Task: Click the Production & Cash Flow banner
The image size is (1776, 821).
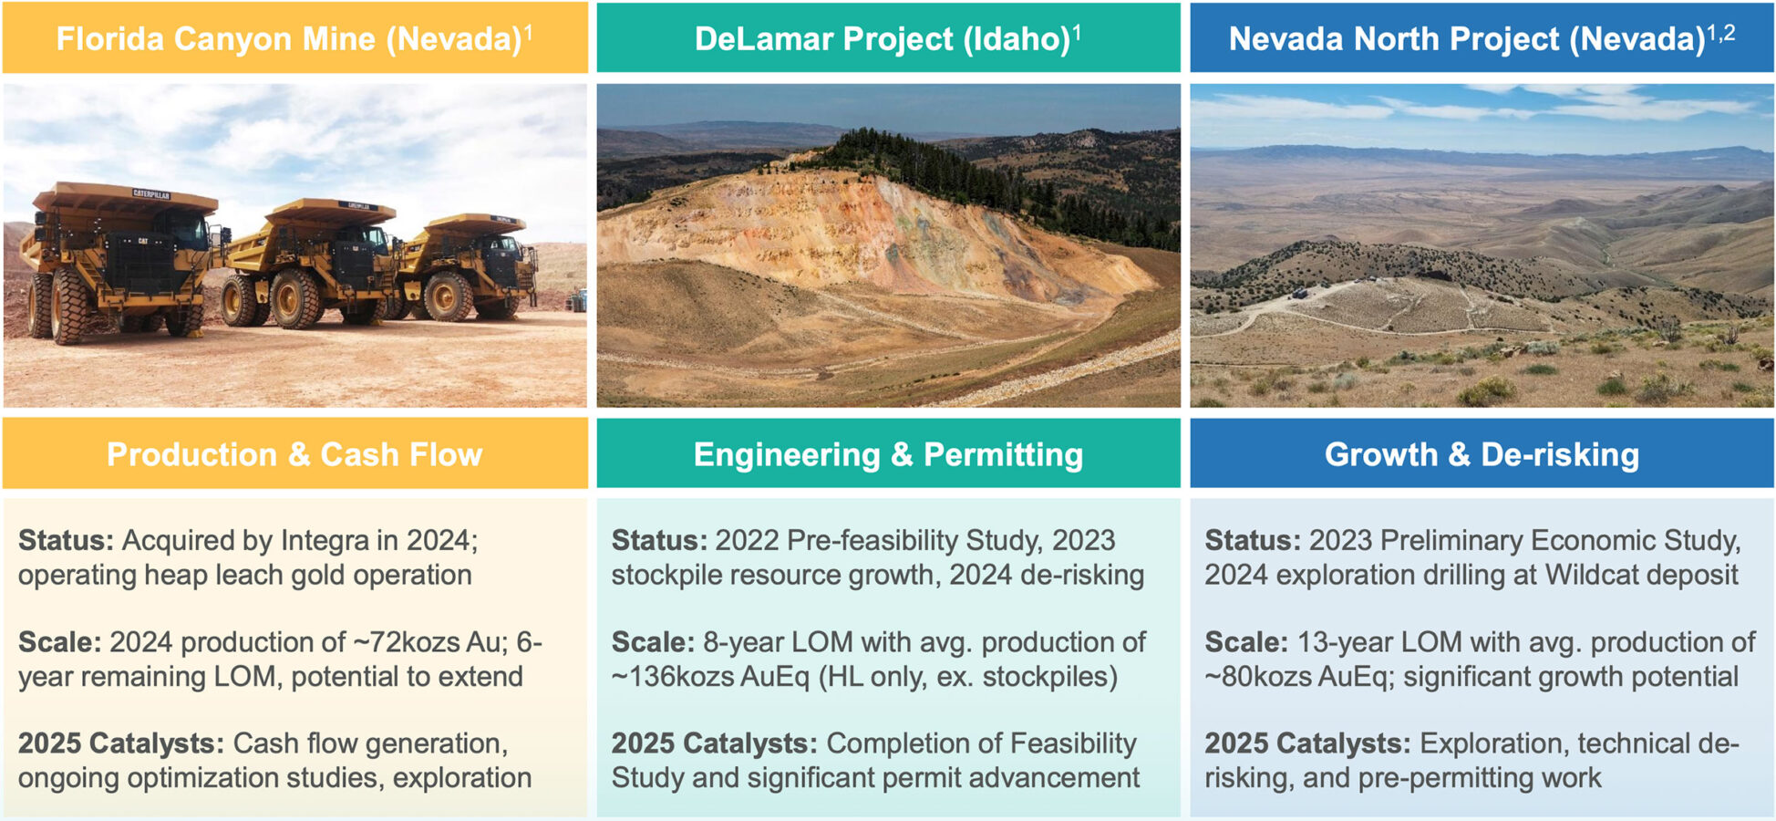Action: click(294, 454)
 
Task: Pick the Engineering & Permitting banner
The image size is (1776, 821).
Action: click(887, 454)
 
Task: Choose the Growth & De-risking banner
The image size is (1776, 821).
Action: click(1481, 454)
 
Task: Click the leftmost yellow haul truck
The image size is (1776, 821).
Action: click(119, 260)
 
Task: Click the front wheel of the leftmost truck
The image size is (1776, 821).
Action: click(68, 306)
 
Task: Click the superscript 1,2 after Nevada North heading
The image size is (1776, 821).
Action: click(1721, 32)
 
